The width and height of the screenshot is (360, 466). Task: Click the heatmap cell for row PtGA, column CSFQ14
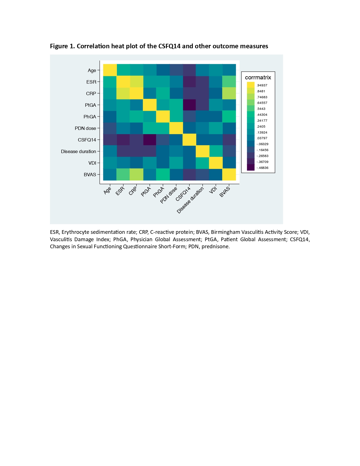click(x=189, y=105)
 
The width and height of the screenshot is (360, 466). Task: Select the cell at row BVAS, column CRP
click(x=136, y=174)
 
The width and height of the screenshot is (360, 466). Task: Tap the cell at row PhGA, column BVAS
click(x=229, y=116)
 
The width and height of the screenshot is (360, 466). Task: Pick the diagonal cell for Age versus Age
click(x=110, y=70)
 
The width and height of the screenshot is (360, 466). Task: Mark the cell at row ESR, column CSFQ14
click(x=189, y=82)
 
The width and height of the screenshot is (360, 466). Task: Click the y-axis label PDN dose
click(x=85, y=128)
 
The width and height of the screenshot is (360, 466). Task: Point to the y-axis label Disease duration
click(x=78, y=151)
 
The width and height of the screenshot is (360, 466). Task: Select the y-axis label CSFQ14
click(x=87, y=140)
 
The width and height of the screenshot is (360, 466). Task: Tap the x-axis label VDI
click(x=213, y=190)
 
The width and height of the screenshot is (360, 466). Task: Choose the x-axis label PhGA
click(x=159, y=192)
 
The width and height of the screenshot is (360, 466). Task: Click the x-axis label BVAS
click(x=225, y=192)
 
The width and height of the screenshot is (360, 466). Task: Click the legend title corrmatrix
click(x=258, y=77)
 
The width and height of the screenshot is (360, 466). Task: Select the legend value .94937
click(x=262, y=85)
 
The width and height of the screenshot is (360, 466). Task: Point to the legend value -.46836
click(x=263, y=168)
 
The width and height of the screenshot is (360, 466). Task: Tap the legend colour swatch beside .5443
click(x=250, y=109)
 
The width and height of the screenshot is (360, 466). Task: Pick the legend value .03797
click(x=262, y=138)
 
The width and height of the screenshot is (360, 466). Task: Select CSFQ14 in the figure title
click(x=169, y=46)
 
